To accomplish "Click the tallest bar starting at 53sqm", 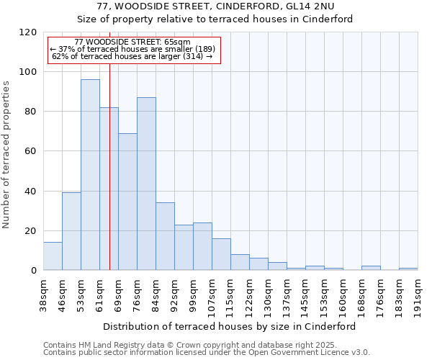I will tap(90, 174).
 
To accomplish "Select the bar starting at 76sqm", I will tap(146, 184).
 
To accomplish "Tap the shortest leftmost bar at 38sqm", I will tap(53, 256).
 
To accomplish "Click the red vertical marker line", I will tap(109, 158).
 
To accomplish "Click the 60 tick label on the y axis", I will tap(31, 151).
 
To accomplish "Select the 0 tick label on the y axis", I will tap(34, 270).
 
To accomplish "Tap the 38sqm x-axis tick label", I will tap(43, 292).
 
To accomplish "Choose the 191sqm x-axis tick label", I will tap(418, 292).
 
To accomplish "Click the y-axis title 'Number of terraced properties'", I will tap(6, 155).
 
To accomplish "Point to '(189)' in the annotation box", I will tap(186, 49).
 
